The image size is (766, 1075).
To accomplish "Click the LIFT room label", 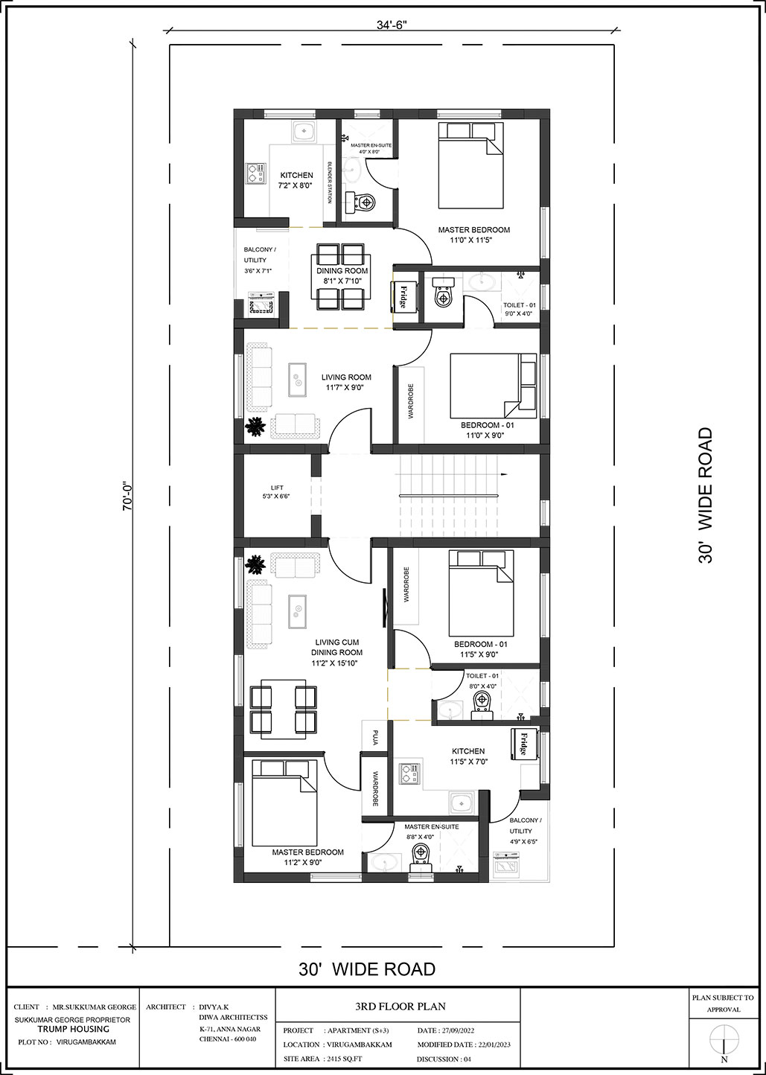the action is point(277,487).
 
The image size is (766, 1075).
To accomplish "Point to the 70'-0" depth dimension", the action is point(128,495).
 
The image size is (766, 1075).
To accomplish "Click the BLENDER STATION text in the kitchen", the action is point(330,182).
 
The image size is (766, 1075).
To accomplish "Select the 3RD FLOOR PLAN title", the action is point(400,1006).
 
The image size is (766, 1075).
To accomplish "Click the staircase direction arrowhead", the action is point(504,474).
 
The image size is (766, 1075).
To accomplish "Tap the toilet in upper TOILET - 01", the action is point(442,293).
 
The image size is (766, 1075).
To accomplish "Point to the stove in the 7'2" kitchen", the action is point(255,173).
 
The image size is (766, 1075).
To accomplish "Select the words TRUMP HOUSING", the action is point(74,1029).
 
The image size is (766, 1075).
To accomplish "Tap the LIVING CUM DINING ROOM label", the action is point(336,653).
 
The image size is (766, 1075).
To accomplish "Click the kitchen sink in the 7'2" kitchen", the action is point(303,131).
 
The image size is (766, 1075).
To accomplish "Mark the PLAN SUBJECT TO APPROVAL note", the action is point(723,1004).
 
